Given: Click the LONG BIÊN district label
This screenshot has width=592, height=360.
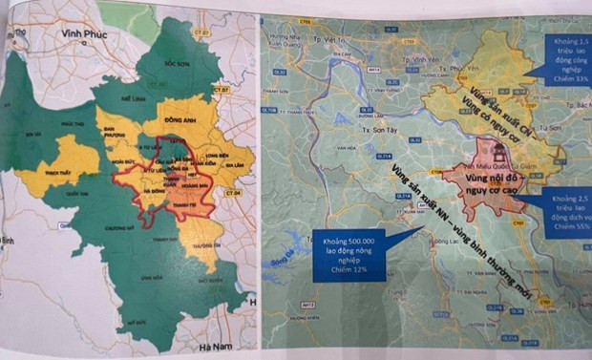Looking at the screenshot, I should coord(207,149).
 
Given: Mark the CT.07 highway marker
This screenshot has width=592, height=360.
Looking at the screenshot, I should coord(222,88).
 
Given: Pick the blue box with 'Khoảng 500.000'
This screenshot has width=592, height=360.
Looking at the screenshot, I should coord(349,256).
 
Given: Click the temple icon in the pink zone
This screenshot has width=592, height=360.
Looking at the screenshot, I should coord(497,154).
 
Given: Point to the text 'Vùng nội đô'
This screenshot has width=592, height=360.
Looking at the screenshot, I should coord(494,178).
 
